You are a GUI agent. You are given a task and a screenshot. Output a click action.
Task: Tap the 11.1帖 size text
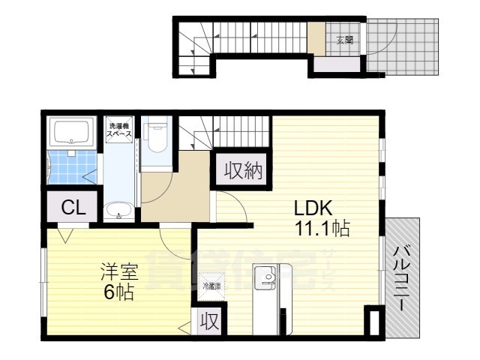(x=321, y=229)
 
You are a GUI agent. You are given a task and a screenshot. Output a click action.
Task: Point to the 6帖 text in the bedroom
(x=120, y=292)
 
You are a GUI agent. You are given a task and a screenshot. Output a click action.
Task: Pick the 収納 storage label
(x=240, y=171)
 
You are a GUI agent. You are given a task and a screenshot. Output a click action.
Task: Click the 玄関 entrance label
(x=345, y=40)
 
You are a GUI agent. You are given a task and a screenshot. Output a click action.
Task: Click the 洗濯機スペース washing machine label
(x=120, y=129)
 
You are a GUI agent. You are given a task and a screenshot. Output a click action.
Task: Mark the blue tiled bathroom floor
(x=72, y=167)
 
